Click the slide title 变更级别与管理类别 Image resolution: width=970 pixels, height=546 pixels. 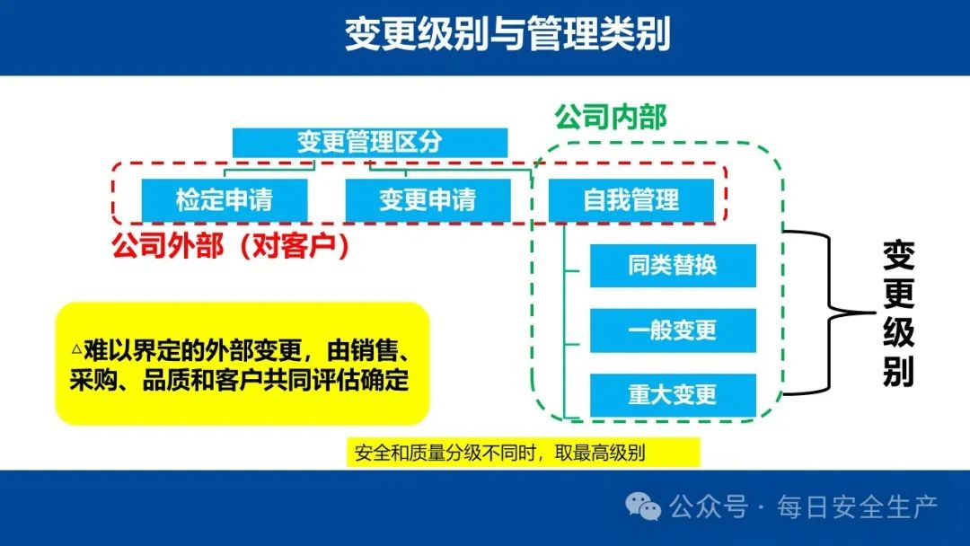507,34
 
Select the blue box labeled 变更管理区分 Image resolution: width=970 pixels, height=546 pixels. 370,142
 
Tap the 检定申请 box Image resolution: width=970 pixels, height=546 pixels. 225,199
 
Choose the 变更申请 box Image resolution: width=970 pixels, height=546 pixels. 428,199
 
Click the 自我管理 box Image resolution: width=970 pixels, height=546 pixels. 631,199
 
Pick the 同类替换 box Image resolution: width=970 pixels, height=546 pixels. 673,265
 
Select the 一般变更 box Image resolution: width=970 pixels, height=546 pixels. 673,330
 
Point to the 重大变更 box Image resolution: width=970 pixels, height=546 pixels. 673,395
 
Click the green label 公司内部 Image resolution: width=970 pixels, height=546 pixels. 611,117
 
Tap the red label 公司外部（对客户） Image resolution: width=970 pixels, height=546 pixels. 230,246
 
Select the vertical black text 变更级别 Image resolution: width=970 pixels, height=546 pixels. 898,313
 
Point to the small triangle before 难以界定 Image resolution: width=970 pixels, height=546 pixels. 76,349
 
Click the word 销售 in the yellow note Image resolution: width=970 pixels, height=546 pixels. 375,350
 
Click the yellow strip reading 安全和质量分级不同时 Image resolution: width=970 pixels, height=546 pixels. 523,453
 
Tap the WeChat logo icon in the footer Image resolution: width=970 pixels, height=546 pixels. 643,506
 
